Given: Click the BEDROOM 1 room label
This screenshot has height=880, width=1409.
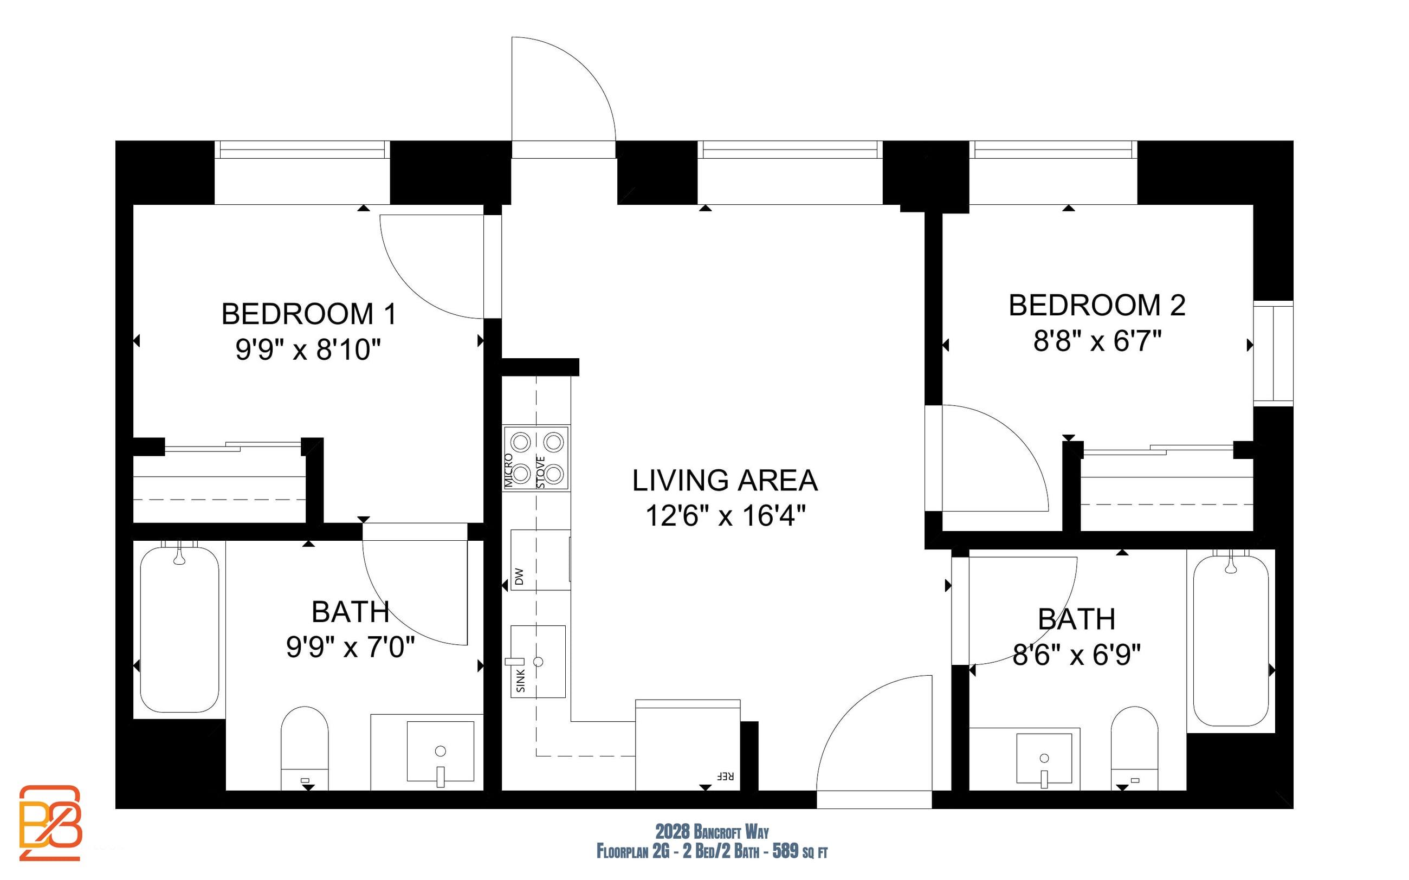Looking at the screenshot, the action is pyautogui.click(x=309, y=314).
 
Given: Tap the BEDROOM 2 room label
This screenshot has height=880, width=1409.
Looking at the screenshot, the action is pyautogui.click(x=1097, y=306).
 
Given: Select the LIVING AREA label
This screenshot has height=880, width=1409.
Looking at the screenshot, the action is pyautogui.click(x=725, y=481).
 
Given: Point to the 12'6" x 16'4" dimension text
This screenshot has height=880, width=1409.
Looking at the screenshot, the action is pyautogui.click(x=726, y=516).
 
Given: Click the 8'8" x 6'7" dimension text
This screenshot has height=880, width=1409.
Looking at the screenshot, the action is pyautogui.click(x=1097, y=341).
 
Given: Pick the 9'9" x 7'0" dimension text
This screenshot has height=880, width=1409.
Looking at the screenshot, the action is pyautogui.click(x=351, y=647).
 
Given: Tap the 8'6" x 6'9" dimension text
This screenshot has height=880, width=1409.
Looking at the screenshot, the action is pyautogui.click(x=1076, y=655).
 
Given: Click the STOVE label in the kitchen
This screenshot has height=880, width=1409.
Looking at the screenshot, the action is pyautogui.click(x=541, y=472).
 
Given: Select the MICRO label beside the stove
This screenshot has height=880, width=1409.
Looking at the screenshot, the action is pyautogui.click(x=509, y=470).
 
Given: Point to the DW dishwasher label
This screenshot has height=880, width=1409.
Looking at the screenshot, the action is pyautogui.click(x=519, y=576).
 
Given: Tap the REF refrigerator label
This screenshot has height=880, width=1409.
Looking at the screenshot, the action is pyautogui.click(x=725, y=777).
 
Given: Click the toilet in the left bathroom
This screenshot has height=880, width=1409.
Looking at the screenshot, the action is pyautogui.click(x=305, y=748).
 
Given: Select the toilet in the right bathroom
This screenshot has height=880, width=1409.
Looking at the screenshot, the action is pyautogui.click(x=1134, y=748).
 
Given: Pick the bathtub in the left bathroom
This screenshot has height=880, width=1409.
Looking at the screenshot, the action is pyautogui.click(x=179, y=629).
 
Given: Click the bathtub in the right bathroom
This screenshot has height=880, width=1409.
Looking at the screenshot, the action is pyautogui.click(x=1231, y=640).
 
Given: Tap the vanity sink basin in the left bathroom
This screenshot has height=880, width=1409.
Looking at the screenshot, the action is pyautogui.click(x=440, y=752).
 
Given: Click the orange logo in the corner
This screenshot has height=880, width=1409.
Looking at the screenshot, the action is pyautogui.click(x=50, y=823).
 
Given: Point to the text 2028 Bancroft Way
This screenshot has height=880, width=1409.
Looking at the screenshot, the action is pyautogui.click(x=712, y=832).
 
